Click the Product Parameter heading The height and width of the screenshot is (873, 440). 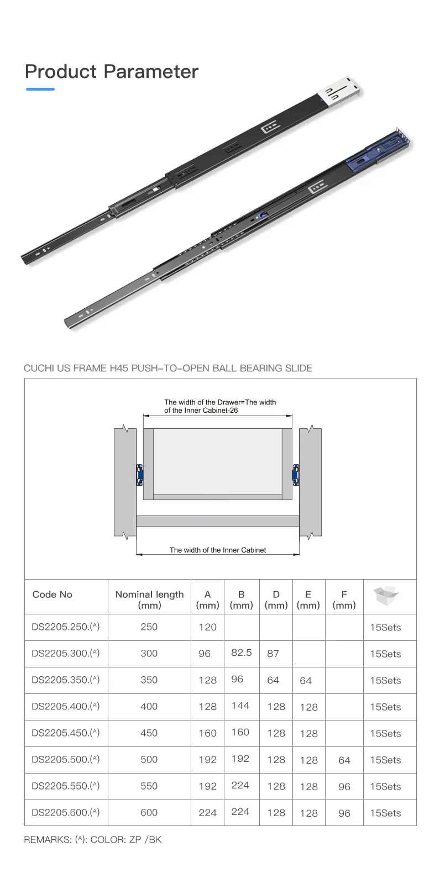tap(112, 72)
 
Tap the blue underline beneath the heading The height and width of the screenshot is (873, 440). tap(40, 90)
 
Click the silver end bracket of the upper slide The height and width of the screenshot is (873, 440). tap(339, 91)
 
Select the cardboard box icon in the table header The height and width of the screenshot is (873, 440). tap(386, 595)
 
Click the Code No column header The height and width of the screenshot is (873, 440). tap(52, 595)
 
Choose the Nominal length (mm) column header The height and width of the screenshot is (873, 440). tap(149, 599)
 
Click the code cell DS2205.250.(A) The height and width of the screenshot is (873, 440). tap(65, 627)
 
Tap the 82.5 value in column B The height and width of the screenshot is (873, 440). tap(241, 653)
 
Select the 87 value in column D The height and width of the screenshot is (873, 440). tap(273, 654)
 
